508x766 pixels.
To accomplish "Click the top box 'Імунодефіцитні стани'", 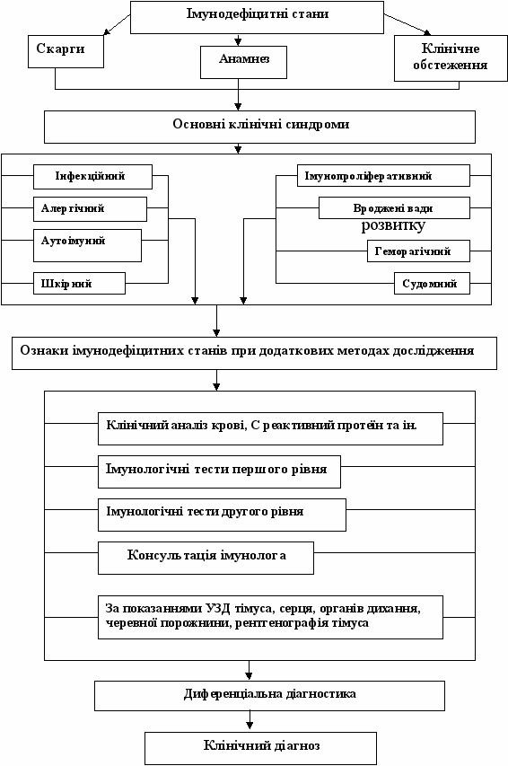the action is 257,17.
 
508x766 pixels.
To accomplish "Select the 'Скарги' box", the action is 66,51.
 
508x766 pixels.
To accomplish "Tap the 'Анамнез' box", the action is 244,62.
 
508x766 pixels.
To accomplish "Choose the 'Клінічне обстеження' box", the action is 451,58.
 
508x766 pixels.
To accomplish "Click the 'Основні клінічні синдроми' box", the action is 260,127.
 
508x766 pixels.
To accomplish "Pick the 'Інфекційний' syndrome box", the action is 92,177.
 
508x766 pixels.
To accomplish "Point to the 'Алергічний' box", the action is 90,209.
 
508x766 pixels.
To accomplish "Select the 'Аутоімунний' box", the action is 87,246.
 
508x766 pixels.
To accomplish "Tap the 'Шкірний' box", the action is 79,284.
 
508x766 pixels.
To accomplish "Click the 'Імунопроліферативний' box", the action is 383,175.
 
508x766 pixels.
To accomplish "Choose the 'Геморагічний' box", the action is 418,251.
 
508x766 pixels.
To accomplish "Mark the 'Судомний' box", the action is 433,284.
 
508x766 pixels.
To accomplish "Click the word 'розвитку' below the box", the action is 393,225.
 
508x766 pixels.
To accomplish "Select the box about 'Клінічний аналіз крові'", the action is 271,428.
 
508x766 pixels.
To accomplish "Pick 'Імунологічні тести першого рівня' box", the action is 219,472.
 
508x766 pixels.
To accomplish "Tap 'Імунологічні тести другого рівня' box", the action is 223,515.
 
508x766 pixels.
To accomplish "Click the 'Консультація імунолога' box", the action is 206,558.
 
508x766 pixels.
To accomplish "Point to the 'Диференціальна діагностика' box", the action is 269,696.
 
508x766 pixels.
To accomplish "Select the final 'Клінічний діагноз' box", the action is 261,748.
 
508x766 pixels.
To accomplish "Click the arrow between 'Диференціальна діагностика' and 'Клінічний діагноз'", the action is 250,721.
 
